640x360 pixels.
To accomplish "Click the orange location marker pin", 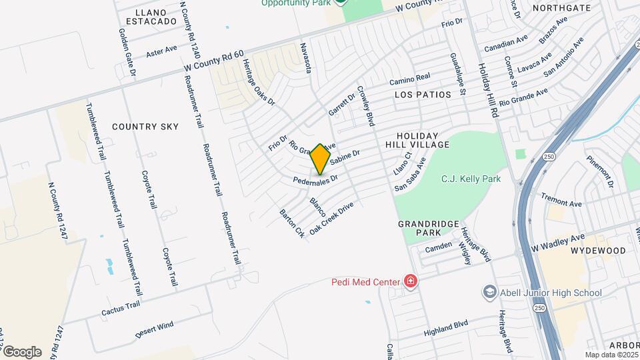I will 321,158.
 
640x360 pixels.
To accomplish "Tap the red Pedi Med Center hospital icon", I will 411,281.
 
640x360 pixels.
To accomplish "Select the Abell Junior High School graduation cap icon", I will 490,293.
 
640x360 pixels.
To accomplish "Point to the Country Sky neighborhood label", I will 145,126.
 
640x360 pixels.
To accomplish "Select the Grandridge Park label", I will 419,228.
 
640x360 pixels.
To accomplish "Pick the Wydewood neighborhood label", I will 597,251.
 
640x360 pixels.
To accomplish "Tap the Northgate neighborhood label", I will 561,8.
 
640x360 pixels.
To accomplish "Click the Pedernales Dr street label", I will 316,179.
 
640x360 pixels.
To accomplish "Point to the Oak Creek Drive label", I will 331,217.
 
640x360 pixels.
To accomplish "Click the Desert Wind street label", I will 154,328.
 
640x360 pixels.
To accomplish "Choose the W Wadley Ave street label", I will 558,241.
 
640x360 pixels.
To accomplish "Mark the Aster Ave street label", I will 161,50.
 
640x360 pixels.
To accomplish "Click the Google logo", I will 22,351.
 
